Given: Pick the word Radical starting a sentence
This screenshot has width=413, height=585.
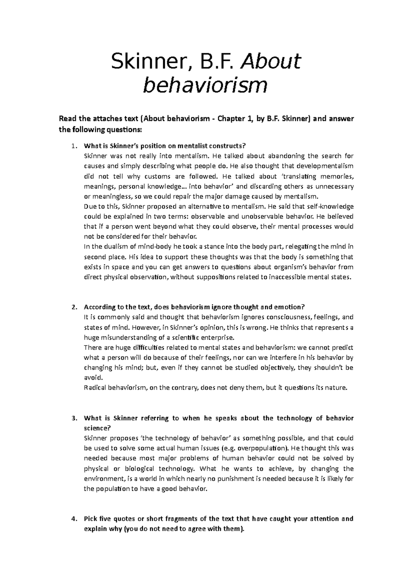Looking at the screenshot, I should click(95, 388).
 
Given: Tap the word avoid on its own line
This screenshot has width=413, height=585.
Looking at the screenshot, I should click(93, 378).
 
